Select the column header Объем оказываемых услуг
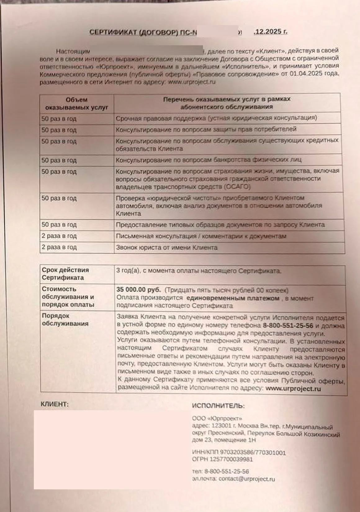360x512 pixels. pos(77,104)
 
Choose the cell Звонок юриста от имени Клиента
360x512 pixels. pos(167,248)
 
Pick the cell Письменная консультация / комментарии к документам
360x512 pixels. pos(201,236)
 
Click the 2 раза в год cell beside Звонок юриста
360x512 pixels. pos(59,248)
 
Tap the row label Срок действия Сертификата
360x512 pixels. pos(65,274)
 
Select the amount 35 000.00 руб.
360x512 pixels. pos(138,290)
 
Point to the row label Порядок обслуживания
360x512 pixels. pos(65,320)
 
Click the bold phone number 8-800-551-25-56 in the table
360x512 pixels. pos(288,326)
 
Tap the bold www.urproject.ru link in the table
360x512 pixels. pos(293,388)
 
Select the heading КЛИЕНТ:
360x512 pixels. pos(55,404)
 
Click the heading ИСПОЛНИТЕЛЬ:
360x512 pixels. pos(218,406)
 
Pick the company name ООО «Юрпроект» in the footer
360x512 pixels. pos(217,418)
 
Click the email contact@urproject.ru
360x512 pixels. pos(247,479)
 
